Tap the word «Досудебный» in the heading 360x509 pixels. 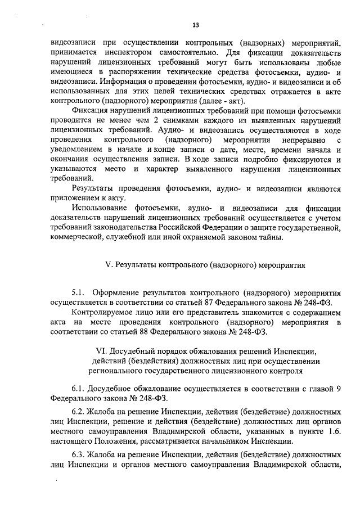pyautogui.click(x=141, y=351)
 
